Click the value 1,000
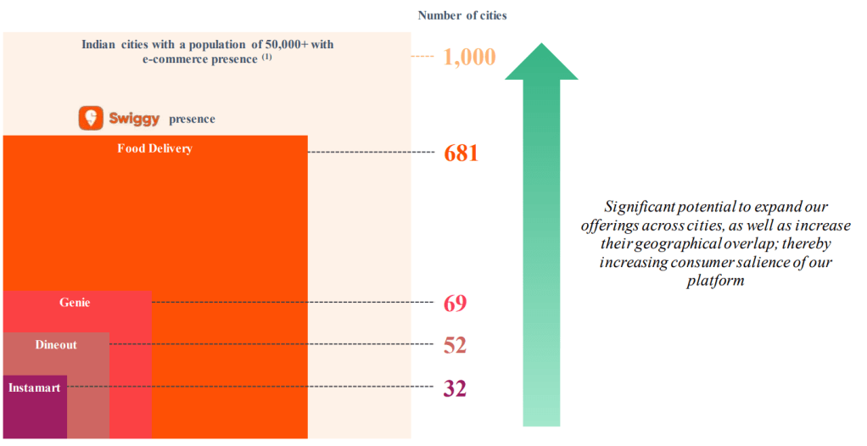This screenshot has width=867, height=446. pyautogui.click(x=469, y=58)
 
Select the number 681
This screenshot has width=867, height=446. pyautogui.click(x=461, y=153)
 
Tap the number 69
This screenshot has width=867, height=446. pyautogui.click(x=455, y=303)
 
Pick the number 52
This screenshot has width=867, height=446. pyautogui.click(x=455, y=345)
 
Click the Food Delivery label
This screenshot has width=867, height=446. pyautogui.click(x=154, y=148)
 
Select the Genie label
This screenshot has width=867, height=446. pyautogui.click(x=75, y=302)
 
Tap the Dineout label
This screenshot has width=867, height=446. pyautogui.click(x=56, y=344)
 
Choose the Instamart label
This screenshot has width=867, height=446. pyautogui.click(x=34, y=387)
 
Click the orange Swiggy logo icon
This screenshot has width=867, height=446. pyautogui.click(x=91, y=118)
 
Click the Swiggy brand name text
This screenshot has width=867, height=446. pyautogui.click(x=134, y=118)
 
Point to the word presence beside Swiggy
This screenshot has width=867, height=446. pyautogui.click(x=192, y=120)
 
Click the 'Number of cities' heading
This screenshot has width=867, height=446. pyautogui.click(x=462, y=15)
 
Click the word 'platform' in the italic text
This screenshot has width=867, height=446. pyautogui.click(x=715, y=281)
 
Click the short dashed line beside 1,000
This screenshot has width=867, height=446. pyautogui.click(x=422, y=57)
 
